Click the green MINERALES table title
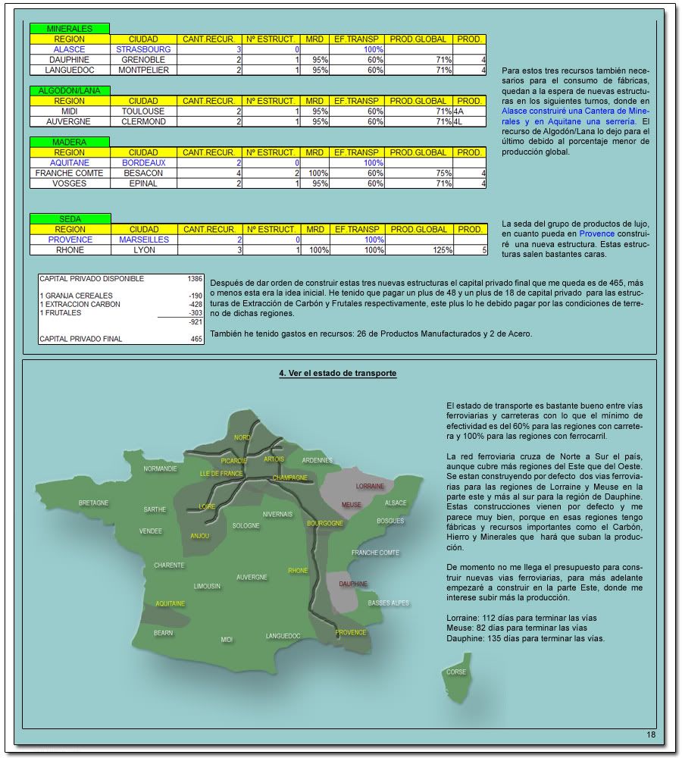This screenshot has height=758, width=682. pos(70,29)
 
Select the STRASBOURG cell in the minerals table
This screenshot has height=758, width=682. pos(144,49)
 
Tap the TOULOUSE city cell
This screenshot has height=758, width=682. pos(144,111)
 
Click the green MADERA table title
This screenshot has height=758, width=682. pos(70,142)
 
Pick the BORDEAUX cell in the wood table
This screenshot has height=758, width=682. pos(144,163)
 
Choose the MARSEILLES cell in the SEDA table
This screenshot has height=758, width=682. pos(144,240)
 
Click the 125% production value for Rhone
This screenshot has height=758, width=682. pos(435,250)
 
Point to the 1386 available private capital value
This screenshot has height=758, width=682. pos(194,279)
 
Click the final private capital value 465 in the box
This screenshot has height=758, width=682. pos(196,339)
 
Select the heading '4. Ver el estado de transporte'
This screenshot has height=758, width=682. pos(338,374)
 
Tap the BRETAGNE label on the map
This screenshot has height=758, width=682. pos(94,503)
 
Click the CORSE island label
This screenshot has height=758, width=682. pos(456,672)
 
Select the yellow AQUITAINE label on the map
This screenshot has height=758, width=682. pos(170,604)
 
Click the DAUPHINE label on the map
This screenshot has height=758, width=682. pos(353,584)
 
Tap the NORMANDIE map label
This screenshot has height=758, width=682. pos(161,468)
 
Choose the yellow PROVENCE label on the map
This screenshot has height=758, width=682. pos(351,632)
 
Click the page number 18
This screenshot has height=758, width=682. pos(650,735)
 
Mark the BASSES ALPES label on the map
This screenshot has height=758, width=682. pos(389,603)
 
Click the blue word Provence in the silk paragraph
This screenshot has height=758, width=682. pos(596,234)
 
